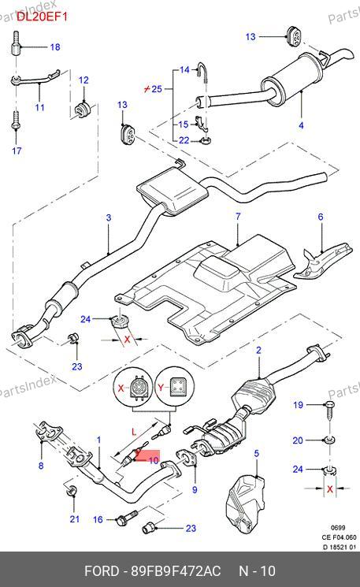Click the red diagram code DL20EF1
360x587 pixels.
[42, 17]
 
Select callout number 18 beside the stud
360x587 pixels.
[55, 47]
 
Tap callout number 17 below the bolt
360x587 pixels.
[17, 150]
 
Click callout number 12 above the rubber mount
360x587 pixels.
[84, 80]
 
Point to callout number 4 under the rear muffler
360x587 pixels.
[301, 125]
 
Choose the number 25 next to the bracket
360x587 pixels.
[157, 89]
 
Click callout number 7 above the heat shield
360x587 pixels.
[238, 217]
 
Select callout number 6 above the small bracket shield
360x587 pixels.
[321, 217]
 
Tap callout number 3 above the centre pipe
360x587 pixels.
[109, 218]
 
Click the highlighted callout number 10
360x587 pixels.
[154, 460]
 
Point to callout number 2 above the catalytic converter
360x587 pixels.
[258, 351]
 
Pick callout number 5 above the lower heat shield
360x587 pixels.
[256, 454]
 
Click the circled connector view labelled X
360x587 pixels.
[134, 388]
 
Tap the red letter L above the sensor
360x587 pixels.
[135, 433]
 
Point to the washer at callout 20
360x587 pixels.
[329, 440]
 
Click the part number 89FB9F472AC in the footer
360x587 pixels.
[176, 572]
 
